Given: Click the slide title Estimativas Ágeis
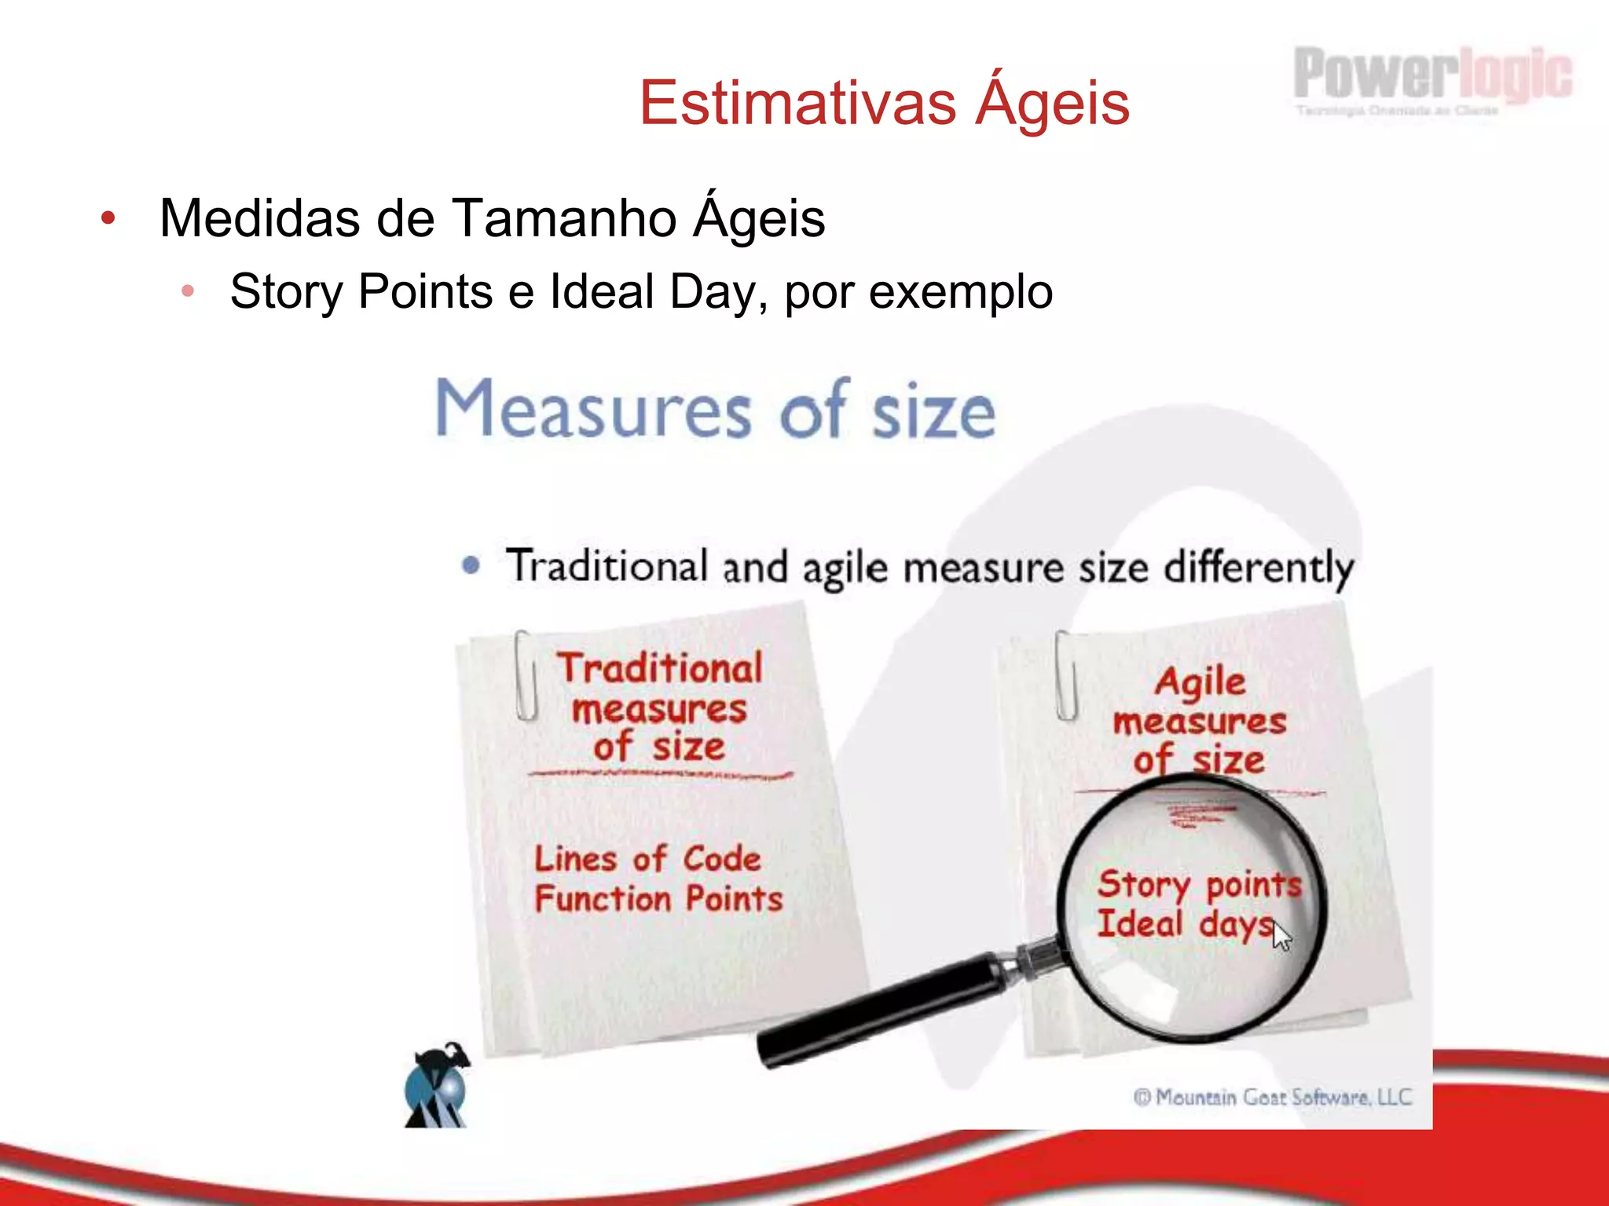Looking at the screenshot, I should tap(884, 103).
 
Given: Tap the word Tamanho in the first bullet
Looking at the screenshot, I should tap(564, 217).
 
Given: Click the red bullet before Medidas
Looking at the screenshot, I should tap(108, 217).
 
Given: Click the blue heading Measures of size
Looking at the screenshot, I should tap(715, 410).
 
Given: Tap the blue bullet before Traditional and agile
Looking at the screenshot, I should tap(471, 565).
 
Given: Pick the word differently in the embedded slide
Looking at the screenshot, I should tap(1259, 568).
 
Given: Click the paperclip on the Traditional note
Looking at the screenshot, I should tap(526, 675).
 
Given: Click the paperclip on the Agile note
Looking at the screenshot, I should tap(1065, 675).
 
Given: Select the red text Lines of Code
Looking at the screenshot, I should tap(647, 858).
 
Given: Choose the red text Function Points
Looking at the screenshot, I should tap(658, 899).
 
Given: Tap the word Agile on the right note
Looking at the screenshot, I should tap(1200, 682).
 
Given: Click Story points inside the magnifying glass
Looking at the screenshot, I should tap(1199, 885).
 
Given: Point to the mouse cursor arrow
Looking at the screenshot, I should tap(1281, 935).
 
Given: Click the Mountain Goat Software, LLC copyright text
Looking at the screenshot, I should tap(1272, 1097).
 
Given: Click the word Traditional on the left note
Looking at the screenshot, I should tap(660, 669).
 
